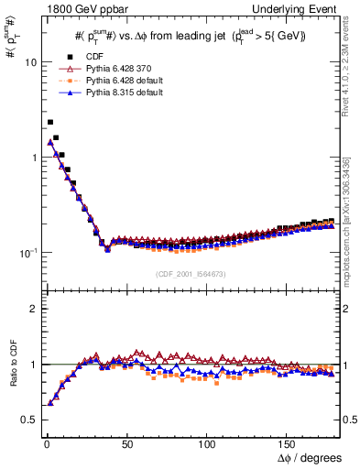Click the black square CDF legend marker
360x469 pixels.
coord(66,58)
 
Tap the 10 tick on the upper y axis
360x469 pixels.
coord(30,62)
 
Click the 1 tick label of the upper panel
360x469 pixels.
coord(34,158)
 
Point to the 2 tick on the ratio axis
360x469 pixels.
coord(34,309)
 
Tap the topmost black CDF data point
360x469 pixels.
coord(49,122)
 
